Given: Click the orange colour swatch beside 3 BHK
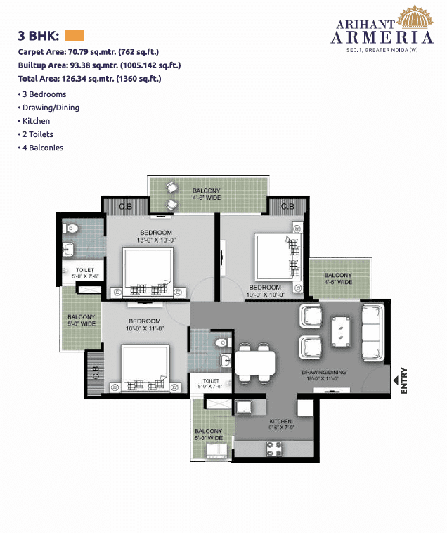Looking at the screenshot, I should coord(74,36).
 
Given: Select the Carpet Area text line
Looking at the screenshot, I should coord(87,51).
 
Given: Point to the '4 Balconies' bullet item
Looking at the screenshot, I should coord(41,148).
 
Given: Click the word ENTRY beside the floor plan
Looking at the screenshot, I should coord(404,380).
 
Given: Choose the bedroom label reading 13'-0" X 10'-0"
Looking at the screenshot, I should coord(156,236).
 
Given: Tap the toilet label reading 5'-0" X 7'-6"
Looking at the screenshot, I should coord(85,272).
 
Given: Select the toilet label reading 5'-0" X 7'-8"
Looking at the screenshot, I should coord(209,383).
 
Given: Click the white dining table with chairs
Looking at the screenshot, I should coord(254,363).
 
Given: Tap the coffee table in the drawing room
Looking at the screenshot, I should coord(342,329).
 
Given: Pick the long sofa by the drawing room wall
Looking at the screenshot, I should coord(372,330).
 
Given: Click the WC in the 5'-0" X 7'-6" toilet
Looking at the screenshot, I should coord(72,228).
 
